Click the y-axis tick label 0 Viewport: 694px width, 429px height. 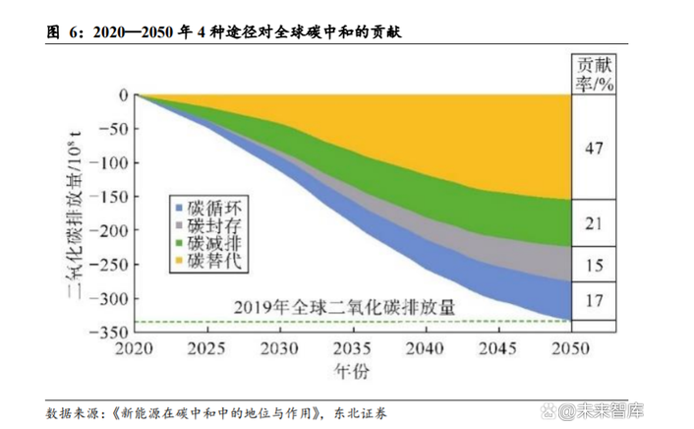(123, 94)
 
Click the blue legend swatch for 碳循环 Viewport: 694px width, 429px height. (179, 208)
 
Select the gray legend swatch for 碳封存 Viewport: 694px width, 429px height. (179, 225)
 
